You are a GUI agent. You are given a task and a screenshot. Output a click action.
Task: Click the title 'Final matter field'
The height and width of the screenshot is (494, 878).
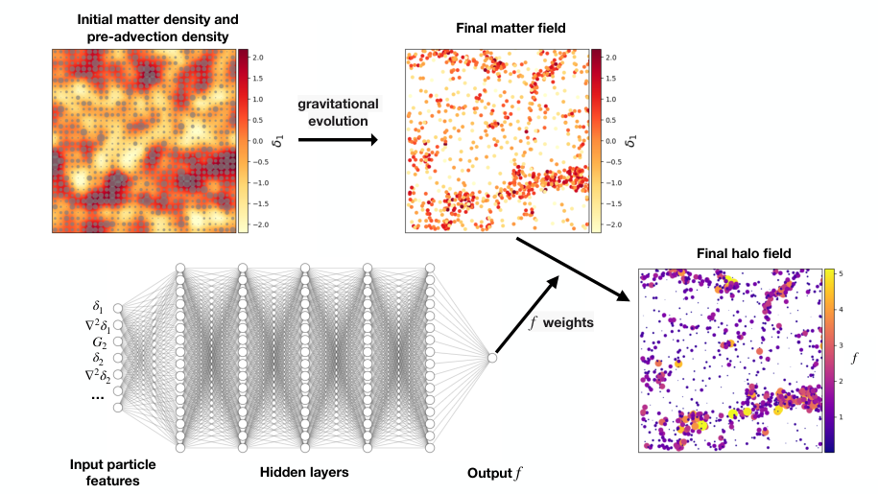tap(497, 28)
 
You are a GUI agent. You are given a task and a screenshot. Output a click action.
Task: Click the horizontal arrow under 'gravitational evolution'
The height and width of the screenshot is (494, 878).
tap(337, 139)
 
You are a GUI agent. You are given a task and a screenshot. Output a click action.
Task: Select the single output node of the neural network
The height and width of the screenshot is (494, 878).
tap(492, 357)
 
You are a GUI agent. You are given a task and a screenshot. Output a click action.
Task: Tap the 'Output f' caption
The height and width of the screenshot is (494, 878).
tap(495, 472)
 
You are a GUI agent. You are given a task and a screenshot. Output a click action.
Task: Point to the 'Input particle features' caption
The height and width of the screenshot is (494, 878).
tap(113, 472)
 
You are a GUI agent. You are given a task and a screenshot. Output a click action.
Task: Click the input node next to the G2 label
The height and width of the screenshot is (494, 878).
tap(118, 341)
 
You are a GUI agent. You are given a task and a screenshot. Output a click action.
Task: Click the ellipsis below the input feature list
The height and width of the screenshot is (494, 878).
tap(97, 396)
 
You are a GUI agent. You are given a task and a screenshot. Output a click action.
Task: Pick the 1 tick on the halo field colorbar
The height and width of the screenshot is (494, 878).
tap(841, 417)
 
